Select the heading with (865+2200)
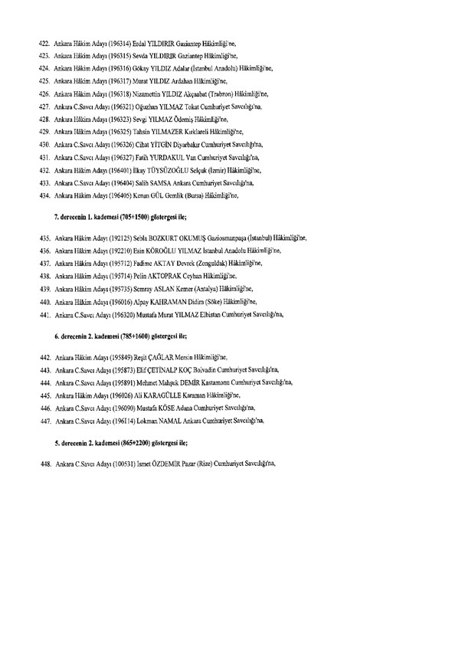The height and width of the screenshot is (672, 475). pyautogui.click(x=121, y=443)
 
